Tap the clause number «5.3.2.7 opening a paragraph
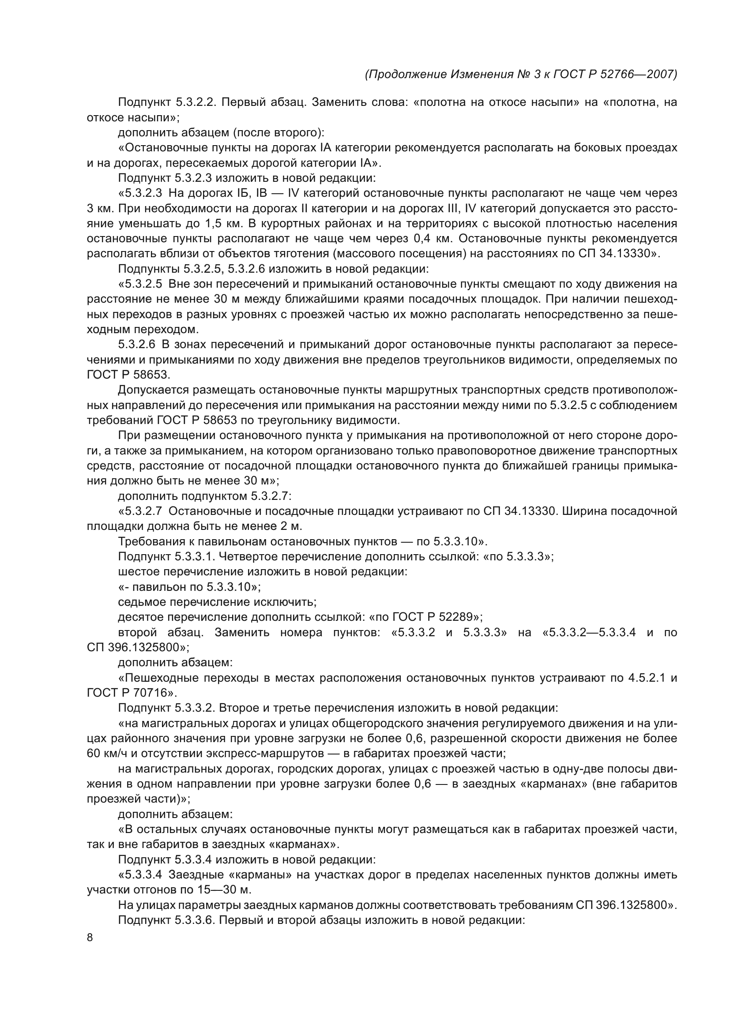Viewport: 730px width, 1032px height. [140, 511]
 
